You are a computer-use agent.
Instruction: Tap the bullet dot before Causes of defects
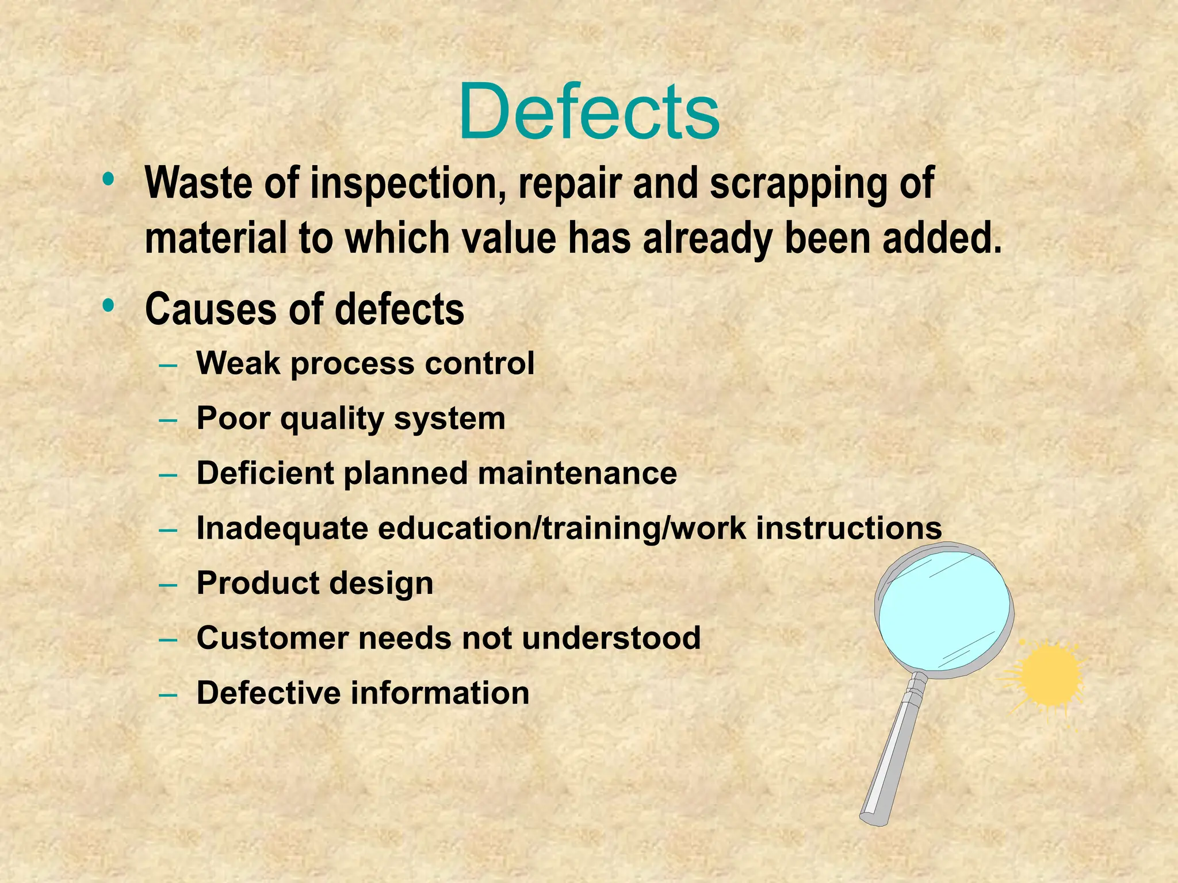click(108, 305)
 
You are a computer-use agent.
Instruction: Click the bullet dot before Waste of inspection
click(108, 179)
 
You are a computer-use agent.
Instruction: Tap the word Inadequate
click(282, 528)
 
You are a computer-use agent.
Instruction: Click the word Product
click(258, 583)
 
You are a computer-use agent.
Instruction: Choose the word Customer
click(273, 638)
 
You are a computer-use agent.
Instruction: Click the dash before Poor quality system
click(168, 420)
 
